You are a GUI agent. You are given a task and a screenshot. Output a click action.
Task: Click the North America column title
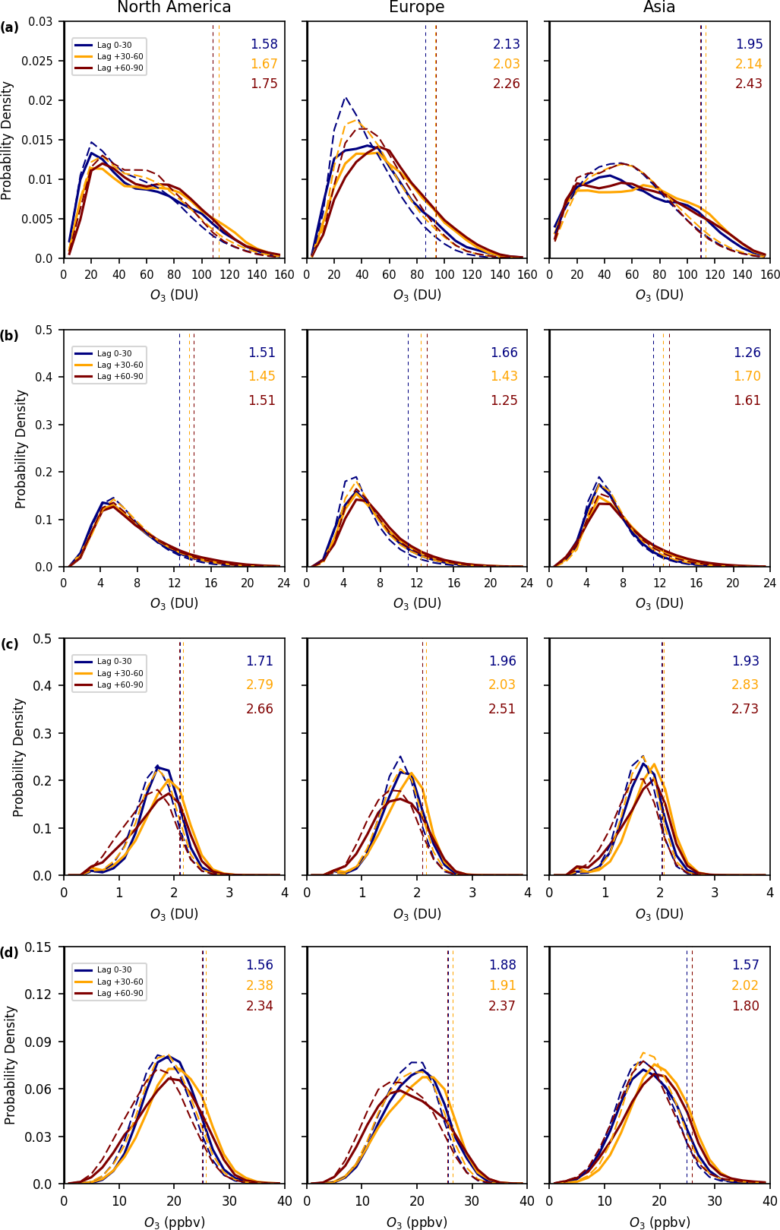click(174, 8)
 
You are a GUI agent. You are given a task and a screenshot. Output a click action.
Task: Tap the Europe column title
click(416, 8)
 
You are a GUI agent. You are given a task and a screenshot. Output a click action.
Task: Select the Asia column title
click(659, 8)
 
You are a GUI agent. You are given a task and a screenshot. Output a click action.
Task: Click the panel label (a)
click(10, 27)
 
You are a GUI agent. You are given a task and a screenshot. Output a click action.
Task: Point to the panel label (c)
click(10, 644)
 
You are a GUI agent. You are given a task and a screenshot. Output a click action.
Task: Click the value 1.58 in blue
click(264, 44)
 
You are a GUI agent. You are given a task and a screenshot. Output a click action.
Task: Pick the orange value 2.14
click(749, 65)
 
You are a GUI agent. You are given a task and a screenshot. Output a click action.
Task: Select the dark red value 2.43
click(749, 84)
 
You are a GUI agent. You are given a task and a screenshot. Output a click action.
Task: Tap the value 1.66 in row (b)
click(504, 353)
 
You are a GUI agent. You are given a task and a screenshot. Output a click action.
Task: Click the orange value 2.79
click(260, 685)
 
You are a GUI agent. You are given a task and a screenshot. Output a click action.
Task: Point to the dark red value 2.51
click(502, 709)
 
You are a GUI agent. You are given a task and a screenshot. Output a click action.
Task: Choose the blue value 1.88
click(502, 965)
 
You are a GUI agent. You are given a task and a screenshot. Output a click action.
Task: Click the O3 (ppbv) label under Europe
click(416, 1222)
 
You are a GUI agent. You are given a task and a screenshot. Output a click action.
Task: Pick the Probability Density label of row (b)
click(21, 448)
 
